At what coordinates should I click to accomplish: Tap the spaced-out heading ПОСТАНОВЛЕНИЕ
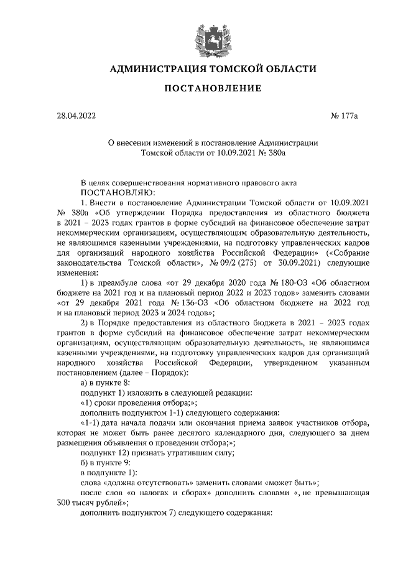pyautogui.click(x=212, y=88)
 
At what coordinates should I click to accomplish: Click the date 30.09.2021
pyautogui.click(x=290, y=263)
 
